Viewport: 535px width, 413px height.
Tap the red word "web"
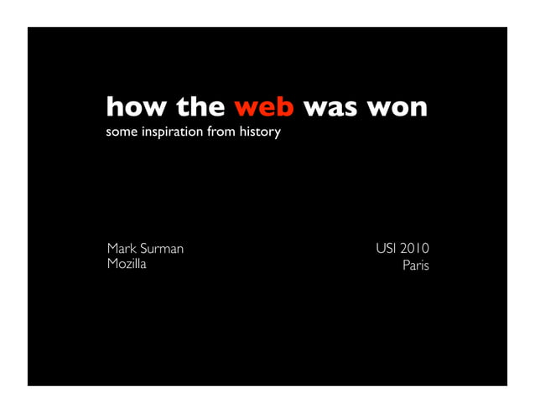point(263,108)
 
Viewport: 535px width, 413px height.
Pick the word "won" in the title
point(397,108)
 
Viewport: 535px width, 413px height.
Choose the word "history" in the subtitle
point(260,133)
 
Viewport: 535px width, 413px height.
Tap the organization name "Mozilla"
point(127,266)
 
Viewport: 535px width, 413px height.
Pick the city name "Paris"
point(415,266)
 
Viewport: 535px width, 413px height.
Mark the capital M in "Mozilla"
point(112,266)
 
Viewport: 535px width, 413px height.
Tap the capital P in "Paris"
point(405,266)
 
